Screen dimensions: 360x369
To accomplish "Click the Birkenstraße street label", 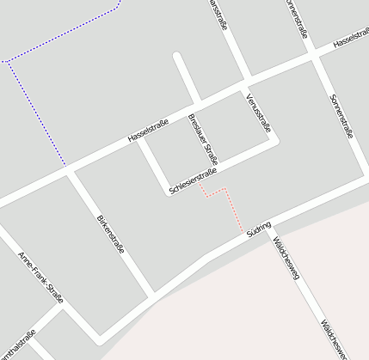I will (111, 231).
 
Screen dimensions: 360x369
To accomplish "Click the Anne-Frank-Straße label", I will (40, 278).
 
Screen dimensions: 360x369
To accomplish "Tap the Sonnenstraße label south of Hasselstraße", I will (341, 116).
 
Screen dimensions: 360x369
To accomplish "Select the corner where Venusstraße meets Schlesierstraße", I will (274, 143).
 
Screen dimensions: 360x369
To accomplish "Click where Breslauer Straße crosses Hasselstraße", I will (196, 104).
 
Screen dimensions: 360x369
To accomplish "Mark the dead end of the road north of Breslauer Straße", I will (177, 58).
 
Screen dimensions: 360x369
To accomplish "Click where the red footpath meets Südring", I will (243, 229).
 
